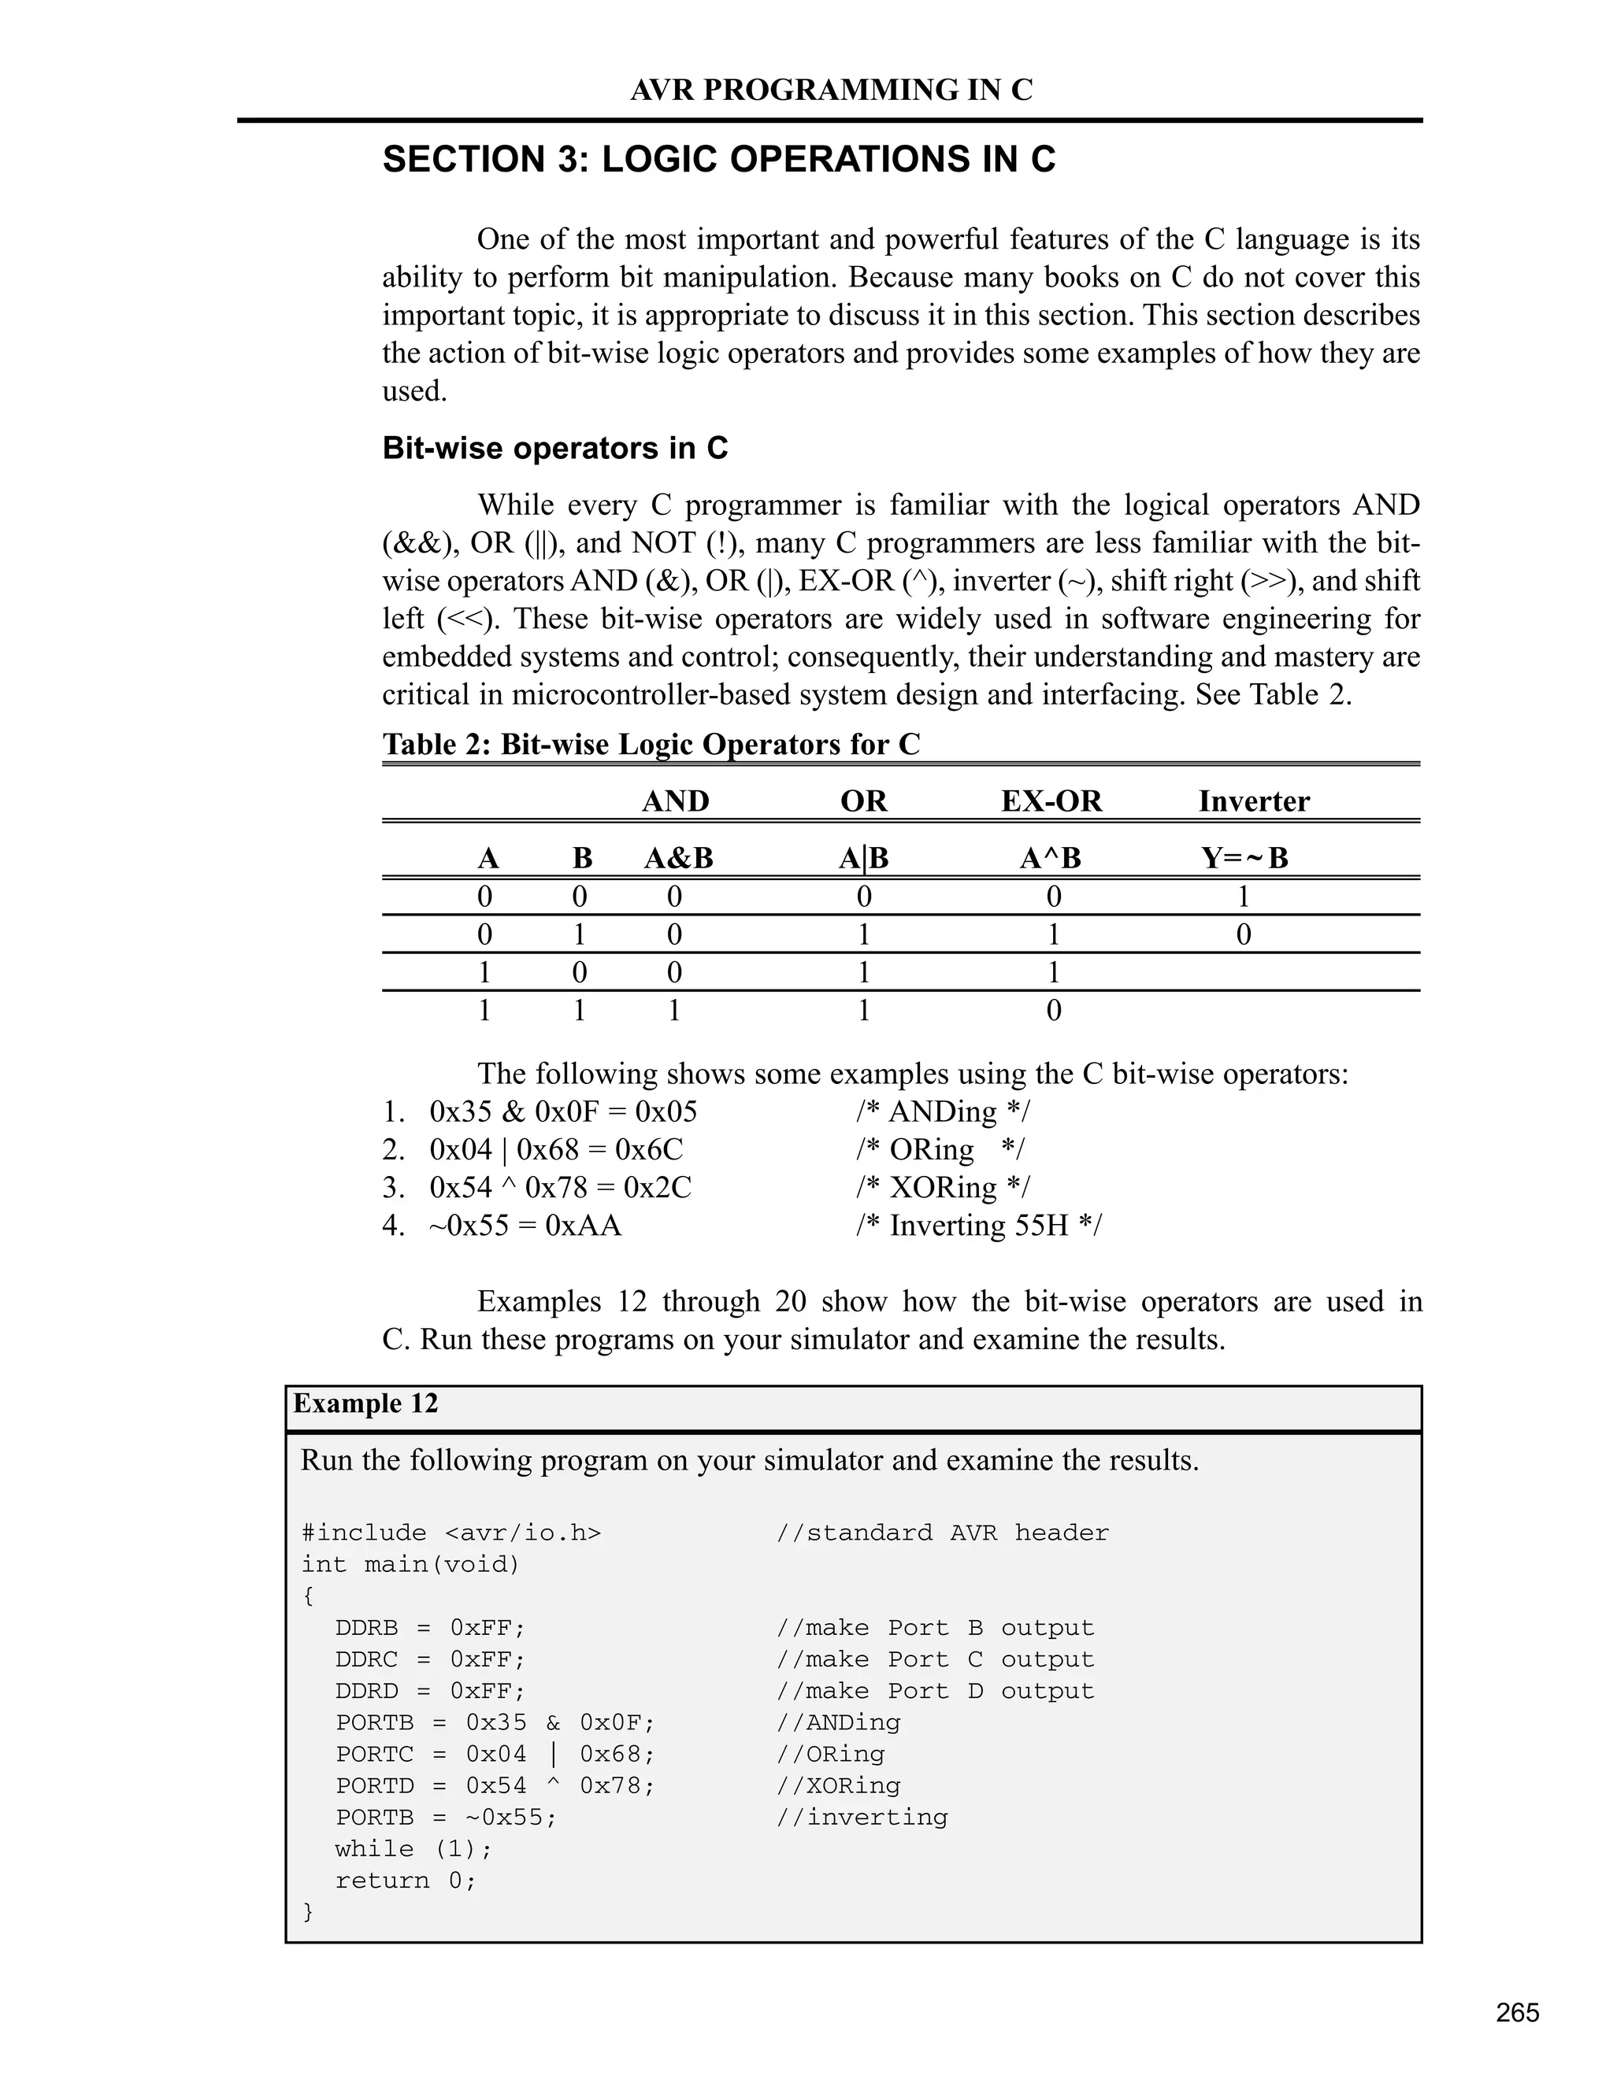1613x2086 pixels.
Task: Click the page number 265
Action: [1518, 2013]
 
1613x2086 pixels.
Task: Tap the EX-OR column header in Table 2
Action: [1051, 801]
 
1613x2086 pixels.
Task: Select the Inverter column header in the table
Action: [1254, 801]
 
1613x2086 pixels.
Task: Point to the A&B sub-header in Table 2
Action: [678, 858]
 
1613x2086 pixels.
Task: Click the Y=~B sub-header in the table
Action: [1244, 858]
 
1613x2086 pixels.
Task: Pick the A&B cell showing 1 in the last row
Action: [675, 1011]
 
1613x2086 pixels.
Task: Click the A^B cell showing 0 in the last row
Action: [1053, 1011]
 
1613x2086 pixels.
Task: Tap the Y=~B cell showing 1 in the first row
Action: [1243, 896]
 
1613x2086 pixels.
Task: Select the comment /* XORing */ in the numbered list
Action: [942, 1187]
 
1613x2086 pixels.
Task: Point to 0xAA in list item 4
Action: [583, 1226]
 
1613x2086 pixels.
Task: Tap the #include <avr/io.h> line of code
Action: [451, 1533]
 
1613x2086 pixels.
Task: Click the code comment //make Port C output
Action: [935, 1659]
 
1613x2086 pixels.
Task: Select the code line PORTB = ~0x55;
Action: [445, 1817]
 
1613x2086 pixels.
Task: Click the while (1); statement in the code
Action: [413, 1848]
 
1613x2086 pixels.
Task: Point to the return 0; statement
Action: [405, 1880]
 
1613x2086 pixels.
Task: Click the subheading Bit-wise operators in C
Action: [555, 448]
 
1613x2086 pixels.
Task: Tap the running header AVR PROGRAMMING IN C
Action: [832, 90]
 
